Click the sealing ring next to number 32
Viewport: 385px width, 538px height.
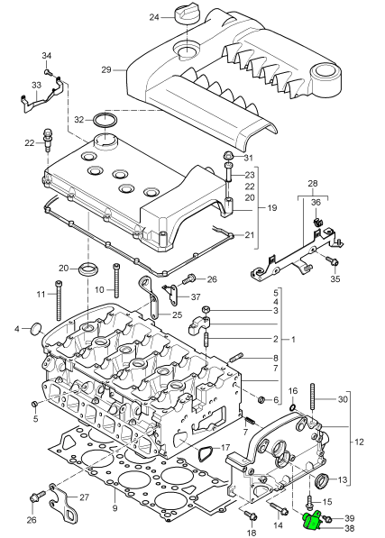105,120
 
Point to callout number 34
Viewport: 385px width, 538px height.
47,57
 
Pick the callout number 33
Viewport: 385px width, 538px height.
36,86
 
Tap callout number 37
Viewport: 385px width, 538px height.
196,296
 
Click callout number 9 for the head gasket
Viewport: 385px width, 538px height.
115,508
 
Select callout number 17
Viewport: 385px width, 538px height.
225,448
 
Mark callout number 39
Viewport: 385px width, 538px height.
350,518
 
